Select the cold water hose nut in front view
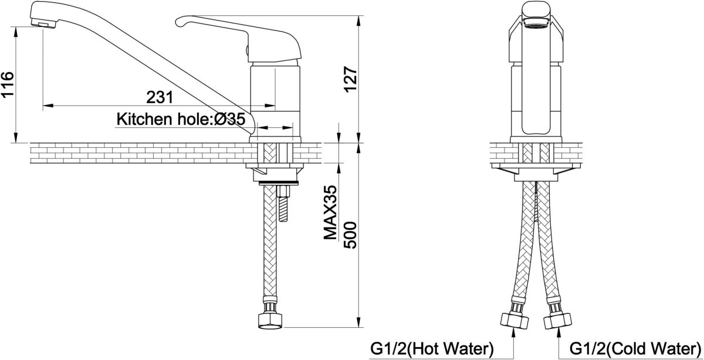557,320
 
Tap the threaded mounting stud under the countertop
284,204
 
